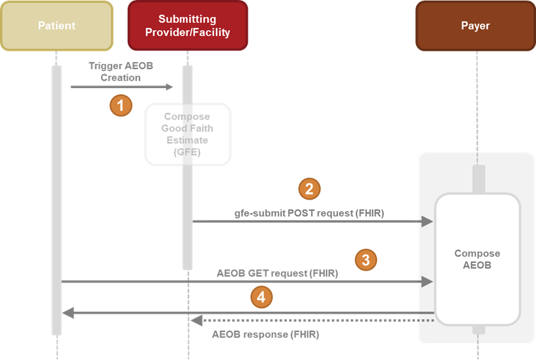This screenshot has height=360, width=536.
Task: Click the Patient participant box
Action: coord(57,26)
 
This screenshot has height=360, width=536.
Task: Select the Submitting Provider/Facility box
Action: coord(188,26)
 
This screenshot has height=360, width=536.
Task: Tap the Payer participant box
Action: coord(475,26)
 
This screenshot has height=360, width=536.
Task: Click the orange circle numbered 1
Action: coord(121,105)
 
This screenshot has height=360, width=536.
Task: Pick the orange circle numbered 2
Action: coord(310,188)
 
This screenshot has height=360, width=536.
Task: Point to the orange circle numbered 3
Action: coord(366,260)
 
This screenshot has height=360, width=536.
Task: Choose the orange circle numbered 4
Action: coord(261,297)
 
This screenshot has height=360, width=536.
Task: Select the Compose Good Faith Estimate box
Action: coord(187,134)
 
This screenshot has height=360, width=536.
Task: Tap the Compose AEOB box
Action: coord(477,259)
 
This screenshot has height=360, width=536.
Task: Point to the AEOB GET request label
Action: coord(277,273)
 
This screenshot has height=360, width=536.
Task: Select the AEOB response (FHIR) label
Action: coord(265,334)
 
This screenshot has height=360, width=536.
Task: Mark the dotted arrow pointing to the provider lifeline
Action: coord(313,320)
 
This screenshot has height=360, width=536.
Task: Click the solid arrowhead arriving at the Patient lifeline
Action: coord(68,314)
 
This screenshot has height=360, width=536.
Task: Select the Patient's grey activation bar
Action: coord(57,196)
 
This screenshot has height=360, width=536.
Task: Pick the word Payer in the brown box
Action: coord(475,26)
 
